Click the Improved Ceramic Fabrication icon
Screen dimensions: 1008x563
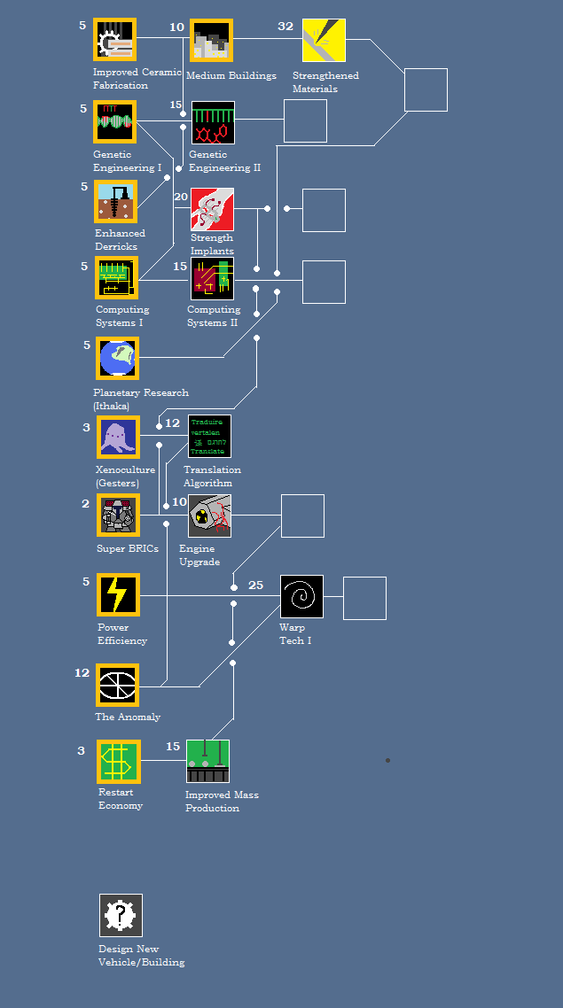[115, 41]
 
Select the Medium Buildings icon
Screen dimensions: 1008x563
[211, 41]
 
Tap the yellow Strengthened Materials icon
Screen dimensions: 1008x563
[324, 41]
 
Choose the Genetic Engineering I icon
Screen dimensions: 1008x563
[115, 122]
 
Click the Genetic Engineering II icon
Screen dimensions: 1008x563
[213, 122]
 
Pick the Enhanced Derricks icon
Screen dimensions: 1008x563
[116, 202]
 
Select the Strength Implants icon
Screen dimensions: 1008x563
[212, 210]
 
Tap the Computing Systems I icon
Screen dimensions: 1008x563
[117, 278]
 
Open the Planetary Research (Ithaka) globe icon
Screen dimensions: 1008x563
[118, 358]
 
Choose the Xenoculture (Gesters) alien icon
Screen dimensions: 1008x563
[118, 437]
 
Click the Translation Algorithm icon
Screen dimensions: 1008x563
[209, 437]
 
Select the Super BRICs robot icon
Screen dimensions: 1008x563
[118, 516]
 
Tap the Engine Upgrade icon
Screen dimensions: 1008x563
[209, 516]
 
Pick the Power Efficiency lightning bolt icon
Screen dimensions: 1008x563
[118, 594]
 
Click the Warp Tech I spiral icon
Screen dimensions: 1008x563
[301, 596]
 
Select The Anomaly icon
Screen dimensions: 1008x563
[118, 686]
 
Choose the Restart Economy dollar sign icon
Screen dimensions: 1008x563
[119, 762]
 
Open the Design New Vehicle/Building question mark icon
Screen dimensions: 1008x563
[121, 915]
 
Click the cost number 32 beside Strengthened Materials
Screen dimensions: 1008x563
[285, 27]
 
